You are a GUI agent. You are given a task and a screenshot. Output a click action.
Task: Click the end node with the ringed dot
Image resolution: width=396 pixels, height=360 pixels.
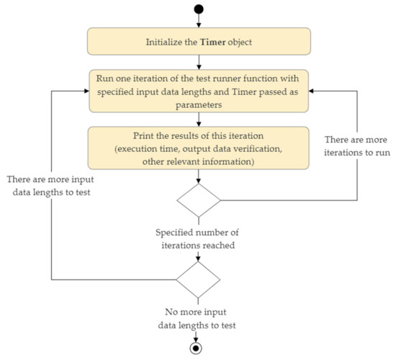pos(199,347)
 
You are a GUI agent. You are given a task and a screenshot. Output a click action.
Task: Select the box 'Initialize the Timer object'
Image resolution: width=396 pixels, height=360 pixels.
pos(199,42)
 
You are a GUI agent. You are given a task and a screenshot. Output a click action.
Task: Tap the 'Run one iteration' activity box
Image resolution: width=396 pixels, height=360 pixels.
pos(199,91)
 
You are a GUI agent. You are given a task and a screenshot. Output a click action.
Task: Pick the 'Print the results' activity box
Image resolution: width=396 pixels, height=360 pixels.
pos(199,149)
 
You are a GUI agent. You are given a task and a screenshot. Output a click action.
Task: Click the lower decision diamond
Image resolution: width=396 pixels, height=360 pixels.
pos(199,277)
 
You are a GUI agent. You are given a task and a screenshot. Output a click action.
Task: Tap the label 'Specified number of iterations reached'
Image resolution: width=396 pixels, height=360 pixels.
pos(199,238)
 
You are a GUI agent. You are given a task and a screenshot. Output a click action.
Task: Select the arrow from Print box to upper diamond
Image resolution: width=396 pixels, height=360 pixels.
pos(199,176)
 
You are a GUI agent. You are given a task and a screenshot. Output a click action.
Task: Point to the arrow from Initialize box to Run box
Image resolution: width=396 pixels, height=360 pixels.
pos(199,63)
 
